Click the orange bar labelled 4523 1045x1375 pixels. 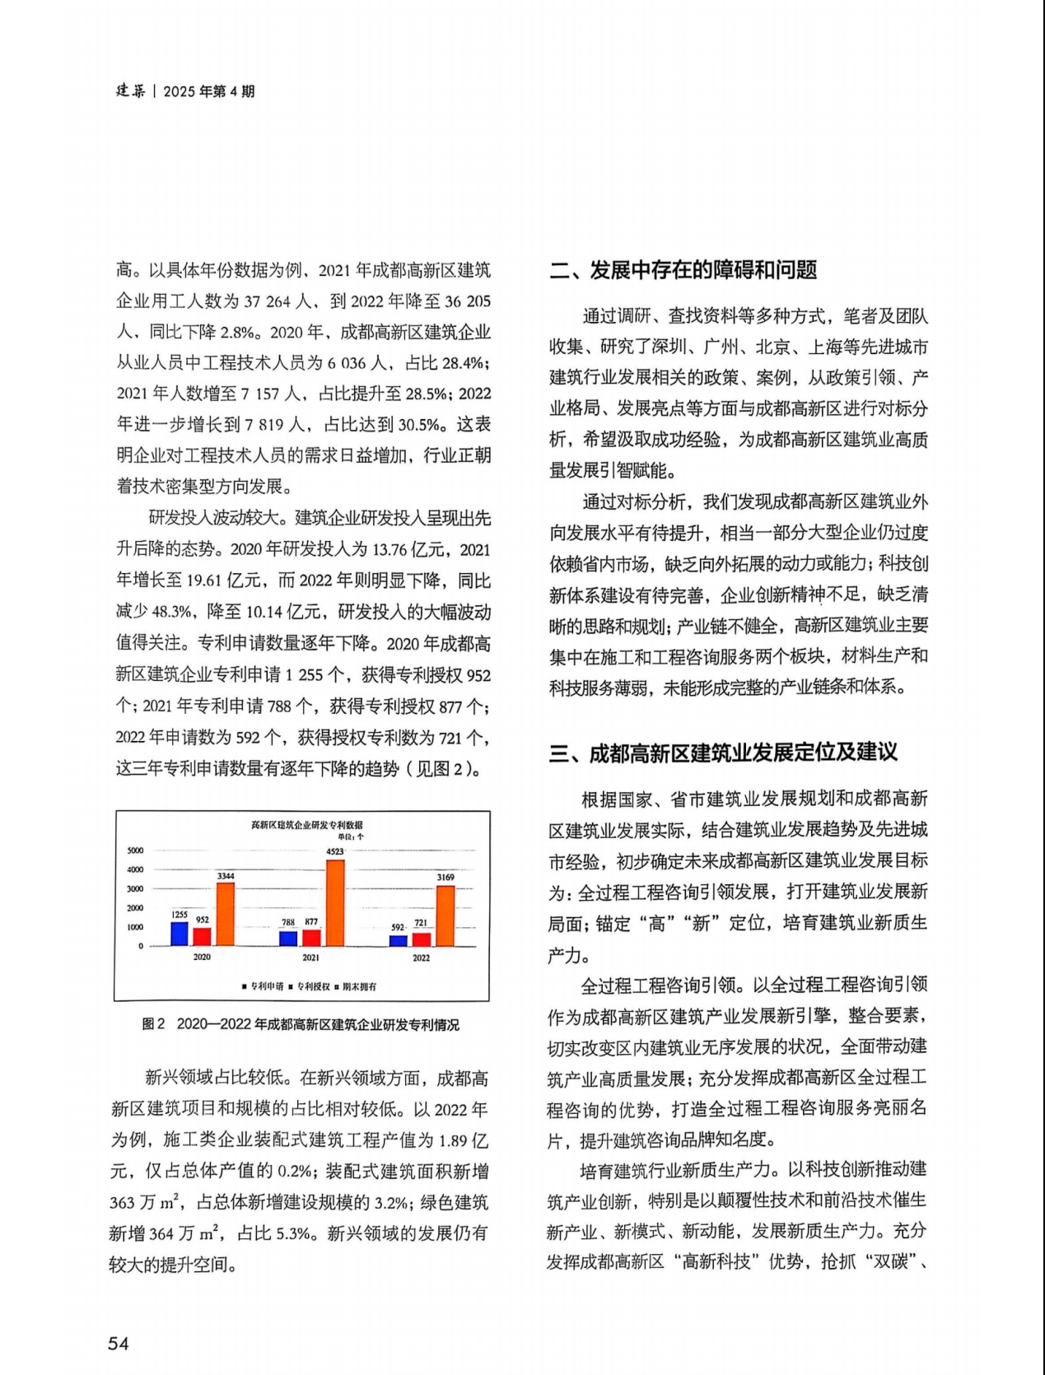(335, 902)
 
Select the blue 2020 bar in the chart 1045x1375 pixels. (180, 934)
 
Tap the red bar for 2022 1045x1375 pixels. (422, 939)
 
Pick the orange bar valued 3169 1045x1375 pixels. (446, 916)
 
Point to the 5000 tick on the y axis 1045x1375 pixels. (135, 851)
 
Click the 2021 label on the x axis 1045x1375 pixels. (310, 958)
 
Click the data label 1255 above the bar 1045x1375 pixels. (180, 915)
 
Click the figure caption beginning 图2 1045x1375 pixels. (301, 1024)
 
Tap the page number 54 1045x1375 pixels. (119, 1344)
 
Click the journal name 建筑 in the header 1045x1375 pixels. (130, 91)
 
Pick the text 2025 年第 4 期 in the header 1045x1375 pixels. (209, 91)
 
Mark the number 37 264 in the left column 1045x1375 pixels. (268, 302)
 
